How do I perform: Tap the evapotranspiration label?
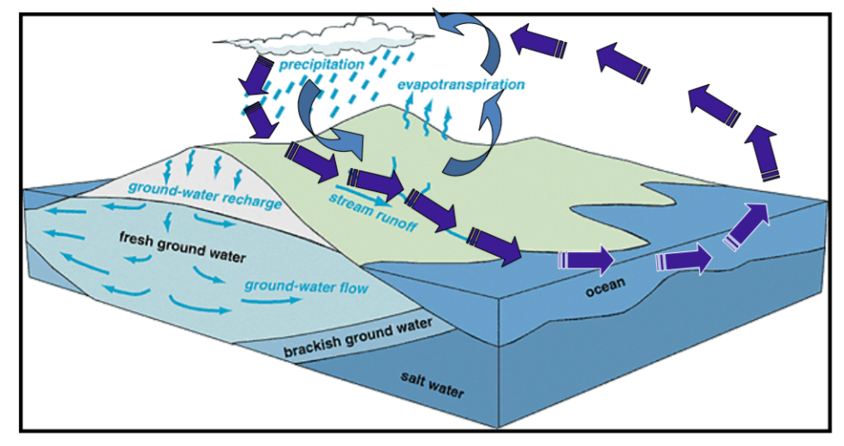[460, 85]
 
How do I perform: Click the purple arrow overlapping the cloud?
[254, 76]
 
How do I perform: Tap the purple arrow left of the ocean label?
[586, 260]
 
